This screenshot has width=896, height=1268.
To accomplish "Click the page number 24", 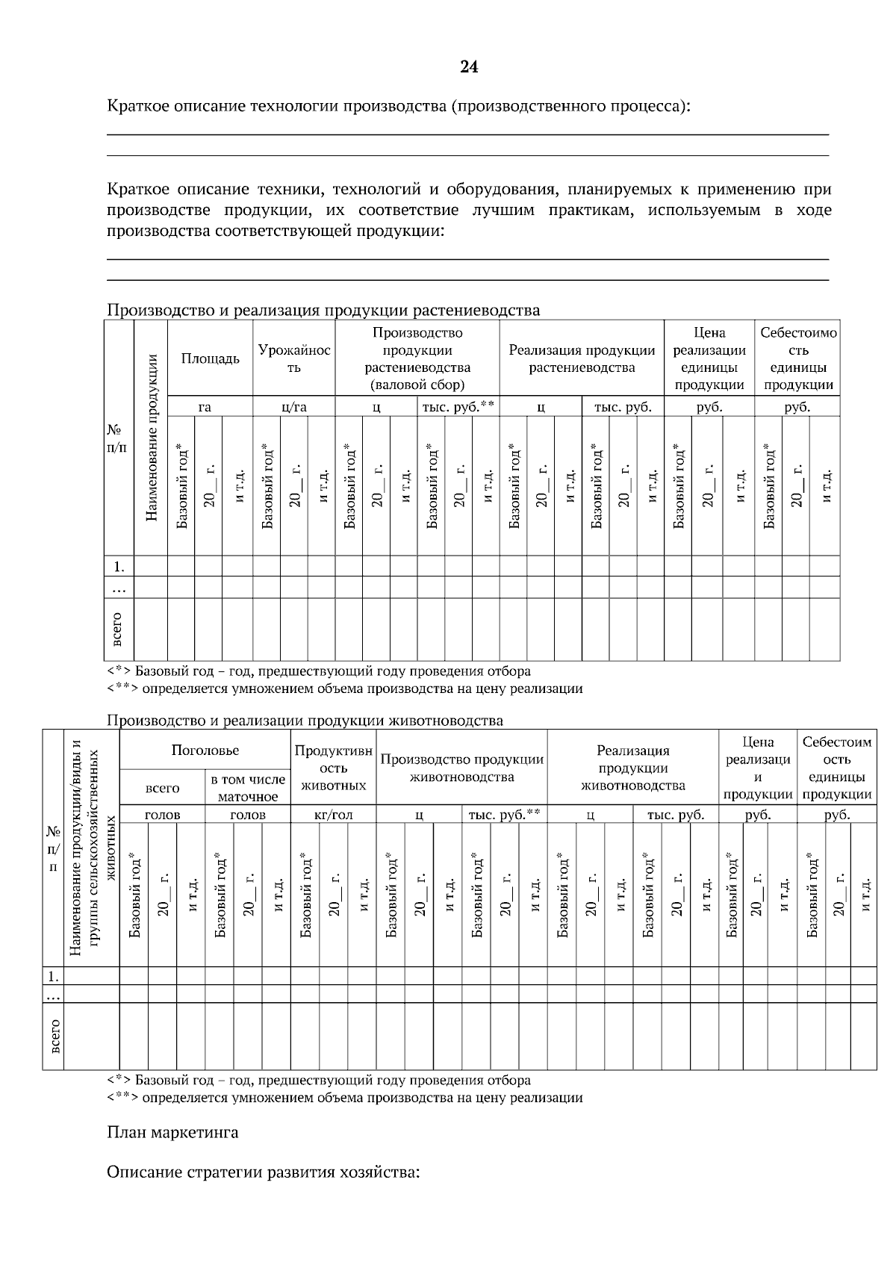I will [x=468, y=67].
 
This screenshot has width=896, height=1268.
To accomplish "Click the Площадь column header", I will [x=211, y=358].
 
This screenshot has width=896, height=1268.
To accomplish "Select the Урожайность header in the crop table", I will [x=294, y=358].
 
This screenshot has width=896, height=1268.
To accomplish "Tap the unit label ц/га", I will [x=294, y=407].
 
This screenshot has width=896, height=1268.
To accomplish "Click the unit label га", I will [x=205, y=407].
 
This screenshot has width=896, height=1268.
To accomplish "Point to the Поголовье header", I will [x=205, y=750].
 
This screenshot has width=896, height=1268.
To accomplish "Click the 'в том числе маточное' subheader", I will [x=248, y=788].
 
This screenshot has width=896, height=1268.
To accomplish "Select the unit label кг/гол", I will [x=334, y=815].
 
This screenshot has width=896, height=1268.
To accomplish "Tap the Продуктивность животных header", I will [x=334, y=768].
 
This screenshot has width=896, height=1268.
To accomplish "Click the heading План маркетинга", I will [x=172, y=1133].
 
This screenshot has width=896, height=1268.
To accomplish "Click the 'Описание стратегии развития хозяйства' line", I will [x=264, y=1172].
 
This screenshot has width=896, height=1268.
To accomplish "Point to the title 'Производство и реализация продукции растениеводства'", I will [x=323, y=310].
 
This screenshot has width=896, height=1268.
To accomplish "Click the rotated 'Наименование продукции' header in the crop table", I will [x=151, y=437].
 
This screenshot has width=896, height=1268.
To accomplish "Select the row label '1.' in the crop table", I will [x=119, y=567].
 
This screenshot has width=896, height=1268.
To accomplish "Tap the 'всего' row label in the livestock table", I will [x=54, y=1037].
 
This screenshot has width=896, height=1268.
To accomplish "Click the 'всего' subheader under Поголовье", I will [x=162, y=788].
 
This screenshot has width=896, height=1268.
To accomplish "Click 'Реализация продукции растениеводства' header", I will [x=582, y=358].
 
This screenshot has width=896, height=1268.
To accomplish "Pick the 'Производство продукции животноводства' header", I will [x=462, y=768].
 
